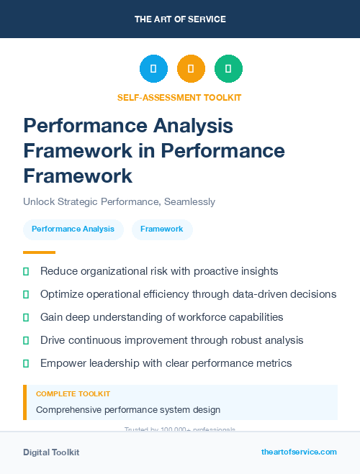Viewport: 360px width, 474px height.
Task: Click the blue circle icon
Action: point(153,69)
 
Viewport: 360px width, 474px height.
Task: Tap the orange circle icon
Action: point(191,69)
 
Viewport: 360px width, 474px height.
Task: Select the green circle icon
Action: point(228,69)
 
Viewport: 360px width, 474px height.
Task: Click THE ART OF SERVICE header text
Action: point(180,19)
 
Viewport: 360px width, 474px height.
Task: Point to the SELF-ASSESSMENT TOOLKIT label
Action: point(179,97)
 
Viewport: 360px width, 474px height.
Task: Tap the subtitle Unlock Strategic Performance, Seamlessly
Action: point(119,202)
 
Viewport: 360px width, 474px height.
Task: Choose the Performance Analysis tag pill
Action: point(73,229)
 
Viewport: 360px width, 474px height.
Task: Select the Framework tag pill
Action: point(161,229)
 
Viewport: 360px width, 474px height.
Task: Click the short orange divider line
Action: point(39,252)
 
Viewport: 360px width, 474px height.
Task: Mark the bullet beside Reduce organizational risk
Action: point(26,271)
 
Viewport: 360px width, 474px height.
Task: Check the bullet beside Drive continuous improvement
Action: point(26,340)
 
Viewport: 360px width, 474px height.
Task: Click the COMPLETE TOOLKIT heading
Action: point(73,394)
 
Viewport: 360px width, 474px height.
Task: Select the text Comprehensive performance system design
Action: point(128,410)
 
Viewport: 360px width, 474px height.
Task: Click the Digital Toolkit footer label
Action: point(51,452)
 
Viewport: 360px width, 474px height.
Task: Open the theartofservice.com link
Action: point(299,452)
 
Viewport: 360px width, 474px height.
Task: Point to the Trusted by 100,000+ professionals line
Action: point(180,429)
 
